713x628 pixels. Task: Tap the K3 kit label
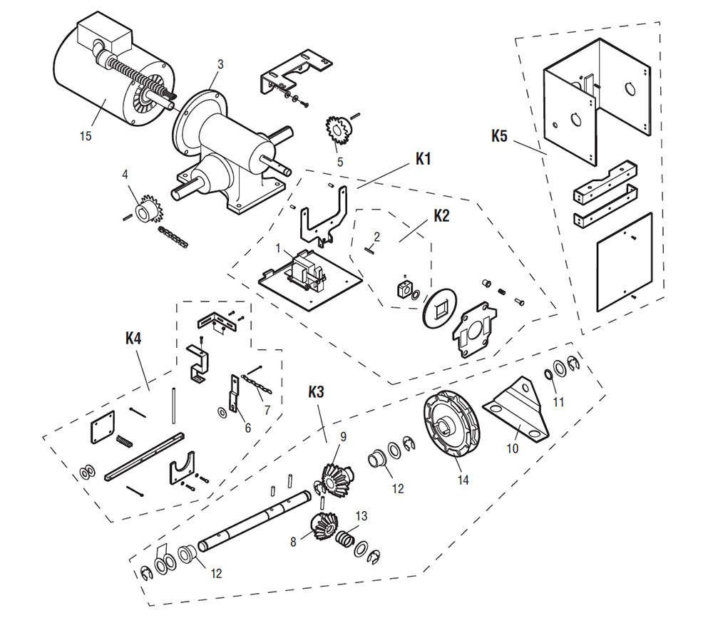[x=317, y=392]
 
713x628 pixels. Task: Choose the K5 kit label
[x=499, y=135]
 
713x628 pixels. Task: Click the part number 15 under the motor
[x=86, y=137]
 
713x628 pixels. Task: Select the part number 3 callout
[x=220, y=64]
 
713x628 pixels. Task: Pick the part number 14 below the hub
[x=463, y=480]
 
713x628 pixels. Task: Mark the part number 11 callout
[x=558, y=402]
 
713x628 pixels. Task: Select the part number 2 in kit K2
[x=377, y=236]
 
